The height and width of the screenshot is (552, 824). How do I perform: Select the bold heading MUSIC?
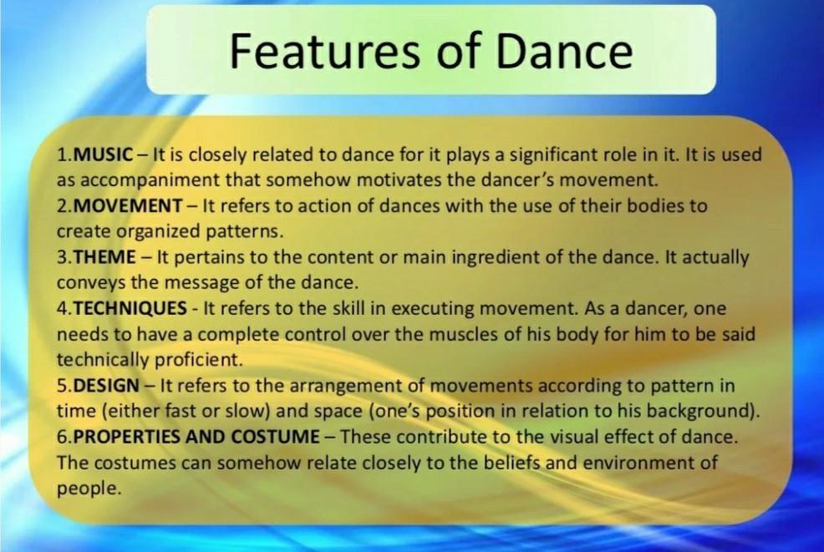click(x=104, y=154)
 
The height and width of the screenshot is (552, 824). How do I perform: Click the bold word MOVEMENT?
click(x=129, y=205)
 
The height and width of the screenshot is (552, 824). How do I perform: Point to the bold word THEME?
click(x=104, y=257)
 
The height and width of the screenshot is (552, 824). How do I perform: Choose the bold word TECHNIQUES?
click(x=130, y=309)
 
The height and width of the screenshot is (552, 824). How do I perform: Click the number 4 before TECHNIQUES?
click(x=62, y=309)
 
